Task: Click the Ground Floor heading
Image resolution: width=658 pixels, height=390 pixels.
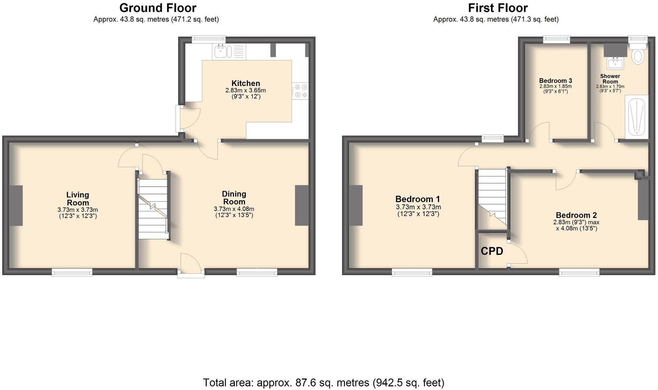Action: [x=158, y=8]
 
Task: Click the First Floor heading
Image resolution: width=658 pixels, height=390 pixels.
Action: [x=497, y=8]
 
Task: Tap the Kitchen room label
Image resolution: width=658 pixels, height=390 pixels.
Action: [x=246, y=83]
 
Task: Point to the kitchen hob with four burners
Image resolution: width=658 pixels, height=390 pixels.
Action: [x=300, y=91]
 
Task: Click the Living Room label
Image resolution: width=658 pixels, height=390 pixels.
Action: [x=78, y=198]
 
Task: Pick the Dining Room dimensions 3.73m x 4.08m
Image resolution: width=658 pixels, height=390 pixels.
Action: [x=234, y=212]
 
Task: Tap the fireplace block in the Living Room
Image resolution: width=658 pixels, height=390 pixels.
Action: [x=16, y=205]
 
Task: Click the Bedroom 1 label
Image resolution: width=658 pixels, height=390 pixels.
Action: [x=418, y=199]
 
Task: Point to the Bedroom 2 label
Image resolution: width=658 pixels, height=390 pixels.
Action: [x=576, y=215]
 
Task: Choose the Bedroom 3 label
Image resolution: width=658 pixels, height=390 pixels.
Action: [x=556, y=80]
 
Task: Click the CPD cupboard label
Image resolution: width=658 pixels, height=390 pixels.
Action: [x=492, y=251]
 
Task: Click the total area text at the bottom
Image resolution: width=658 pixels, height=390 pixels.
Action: [x=323, y=383]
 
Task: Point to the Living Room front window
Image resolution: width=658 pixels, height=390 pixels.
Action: [x=72, y=272]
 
